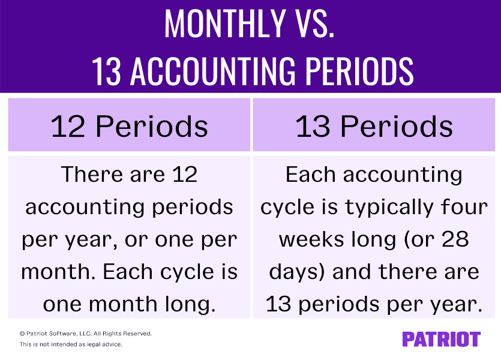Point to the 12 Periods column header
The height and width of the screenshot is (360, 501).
point(130,127)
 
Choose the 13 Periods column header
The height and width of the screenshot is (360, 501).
point(374,127)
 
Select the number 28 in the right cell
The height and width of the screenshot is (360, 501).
point(454,239)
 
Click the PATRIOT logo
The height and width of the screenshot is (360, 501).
point(441,339)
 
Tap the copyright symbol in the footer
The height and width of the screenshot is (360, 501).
point(22,334)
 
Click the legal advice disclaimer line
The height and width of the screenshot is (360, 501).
point(71,344)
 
